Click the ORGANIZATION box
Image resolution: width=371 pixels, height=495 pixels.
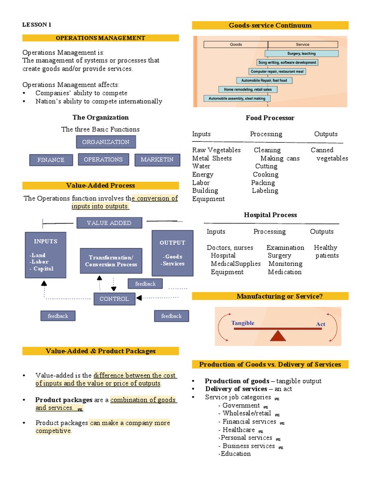tap(106, 142)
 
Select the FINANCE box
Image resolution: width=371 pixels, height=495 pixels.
tap(51, 160)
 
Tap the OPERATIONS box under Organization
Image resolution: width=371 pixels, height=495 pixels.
tap(103, 160)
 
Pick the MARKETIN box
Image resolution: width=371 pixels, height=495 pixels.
tap(157, 160)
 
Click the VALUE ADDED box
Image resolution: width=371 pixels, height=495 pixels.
tap(110, 223)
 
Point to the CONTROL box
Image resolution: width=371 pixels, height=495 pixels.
tap(114, 299)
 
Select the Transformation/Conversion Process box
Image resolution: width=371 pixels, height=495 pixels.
tap(111, 261)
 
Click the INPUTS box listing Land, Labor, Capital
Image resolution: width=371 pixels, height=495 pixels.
tap(45, 255)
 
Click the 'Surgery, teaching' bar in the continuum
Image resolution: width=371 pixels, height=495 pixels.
tap(301, 54)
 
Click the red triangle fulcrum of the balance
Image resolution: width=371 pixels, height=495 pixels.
tap(277, 335)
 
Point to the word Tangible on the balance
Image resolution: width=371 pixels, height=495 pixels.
tap(243, 323)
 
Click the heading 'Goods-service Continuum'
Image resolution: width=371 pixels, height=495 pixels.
tap(270, 25)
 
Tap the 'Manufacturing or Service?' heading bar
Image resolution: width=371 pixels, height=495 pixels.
tap(270, 296)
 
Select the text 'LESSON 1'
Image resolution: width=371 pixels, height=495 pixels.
tap(36, 25)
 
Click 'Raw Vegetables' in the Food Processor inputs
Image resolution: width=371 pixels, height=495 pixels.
tap(216, 150)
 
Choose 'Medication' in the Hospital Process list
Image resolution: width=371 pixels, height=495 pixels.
tap(285, 272)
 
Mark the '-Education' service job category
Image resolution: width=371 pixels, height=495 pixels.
tap(235, 454)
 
